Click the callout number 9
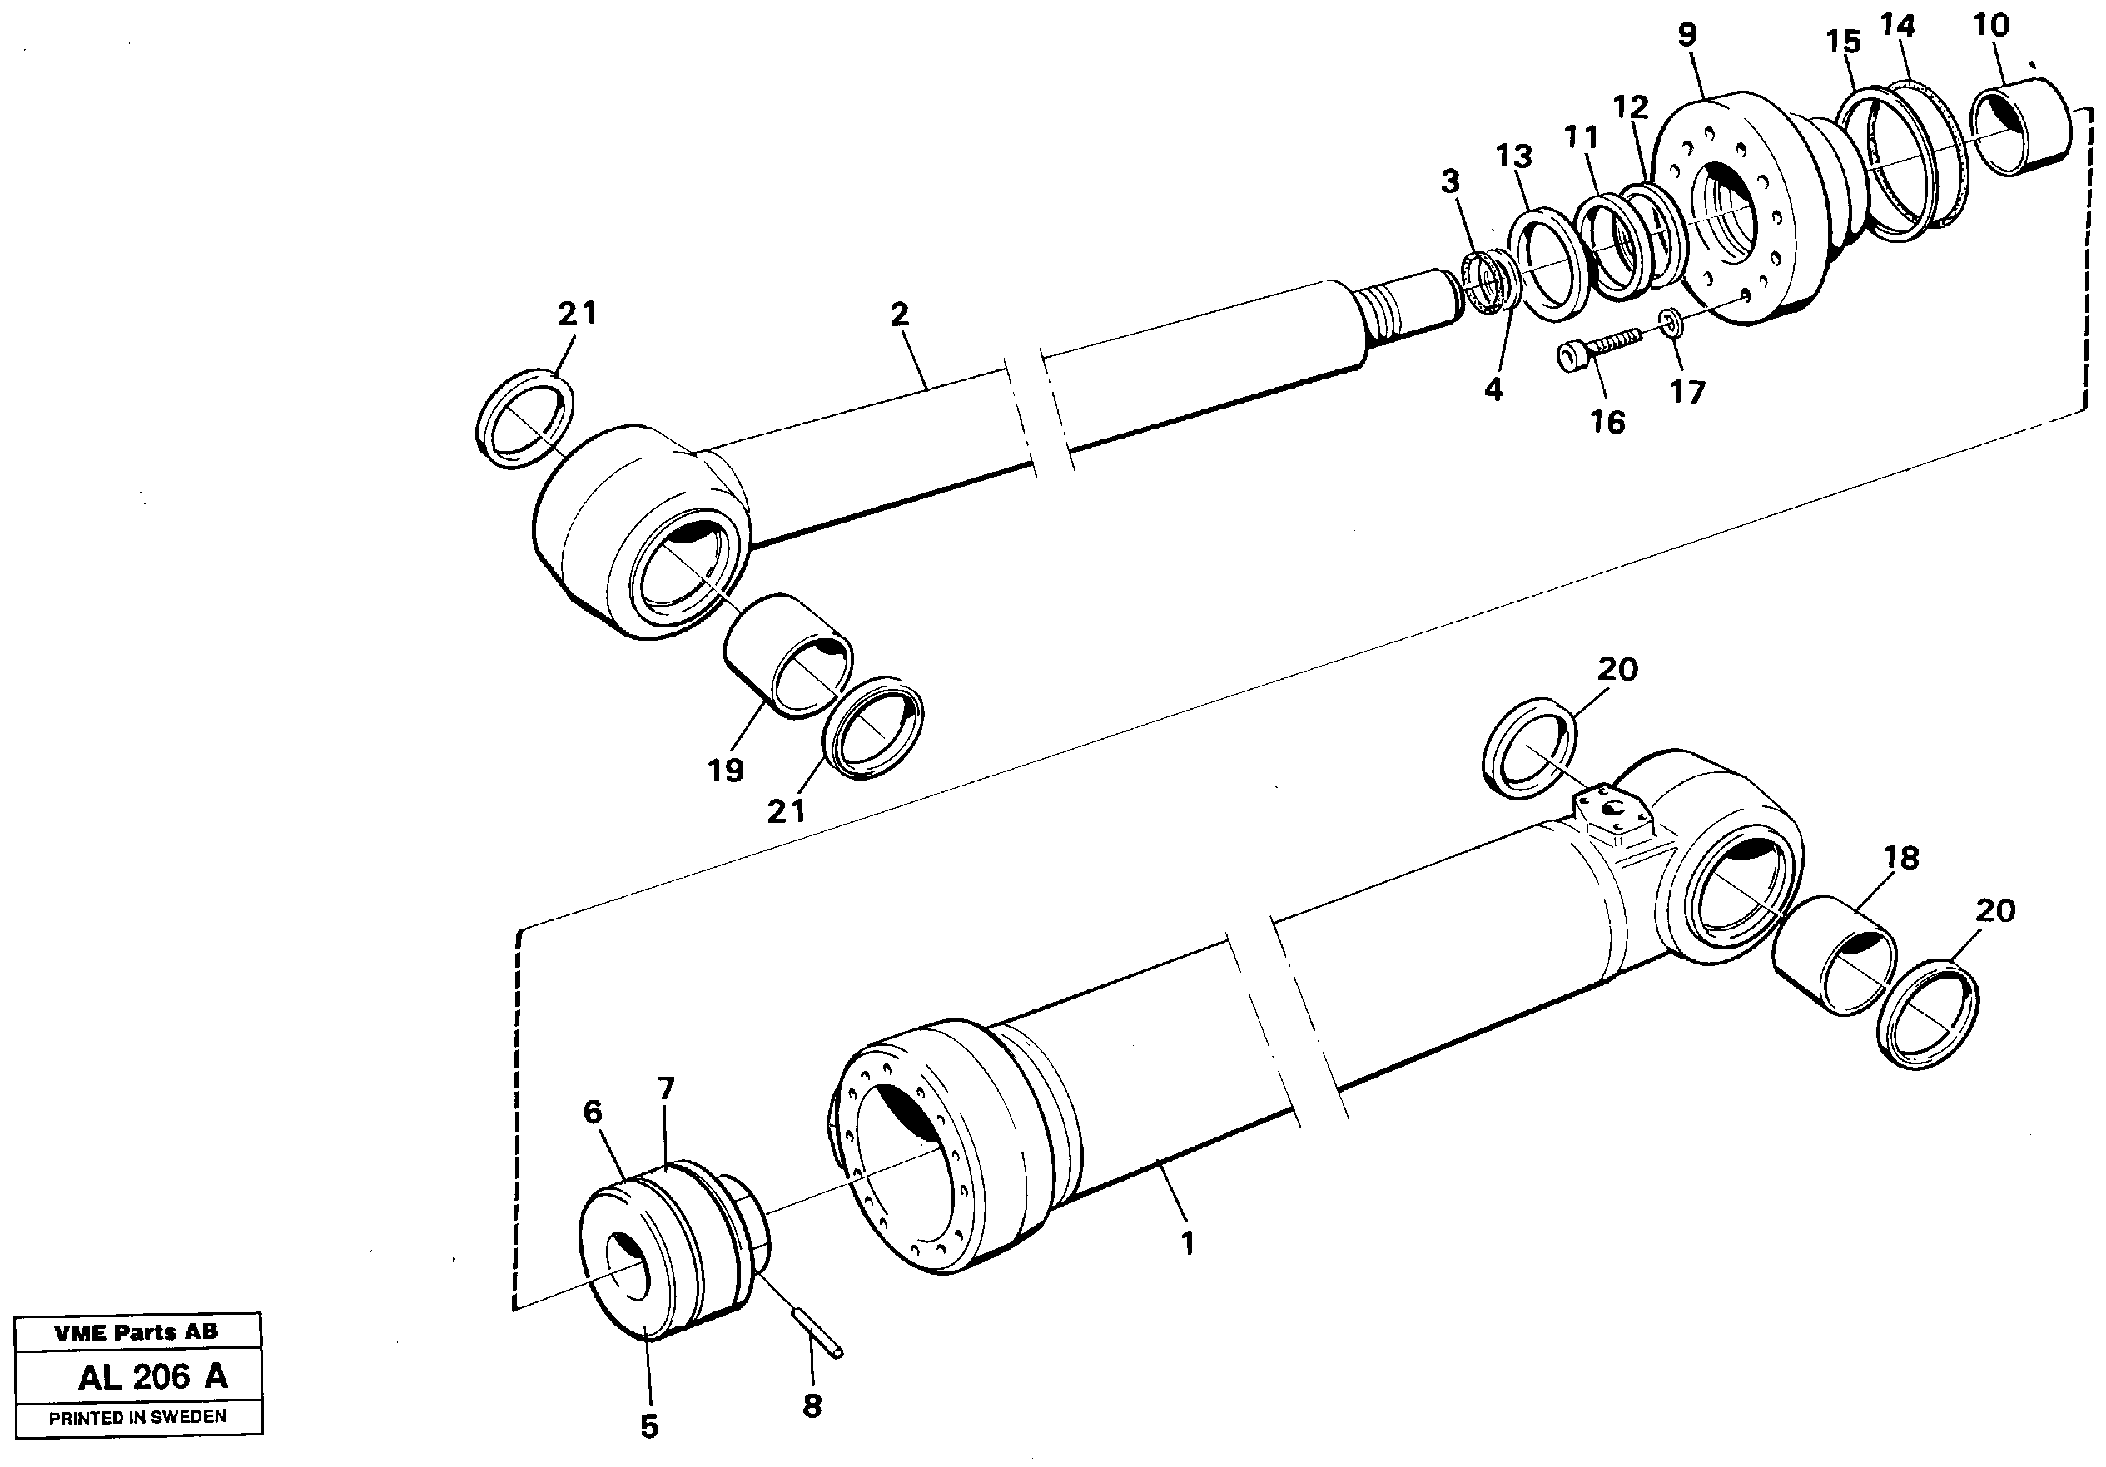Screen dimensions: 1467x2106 point(1686,36)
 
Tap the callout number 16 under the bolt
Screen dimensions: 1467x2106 point(1607,423)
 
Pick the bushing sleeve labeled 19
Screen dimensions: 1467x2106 point(787,655)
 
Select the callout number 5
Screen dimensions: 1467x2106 point(649,1427)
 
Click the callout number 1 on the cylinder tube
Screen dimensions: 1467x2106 point(1188,1244)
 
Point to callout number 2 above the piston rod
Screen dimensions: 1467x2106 point(899,315)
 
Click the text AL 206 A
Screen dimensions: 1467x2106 point(152,1377)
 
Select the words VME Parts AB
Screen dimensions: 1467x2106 point(137,1333)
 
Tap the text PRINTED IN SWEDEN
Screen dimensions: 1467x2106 point(137,1417)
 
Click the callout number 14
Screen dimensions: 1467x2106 point(1897,27)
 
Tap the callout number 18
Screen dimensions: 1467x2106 point(1900,858)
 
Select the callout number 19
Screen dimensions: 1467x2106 point(726,771)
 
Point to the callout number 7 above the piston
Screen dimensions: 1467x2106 point(666,1088)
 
